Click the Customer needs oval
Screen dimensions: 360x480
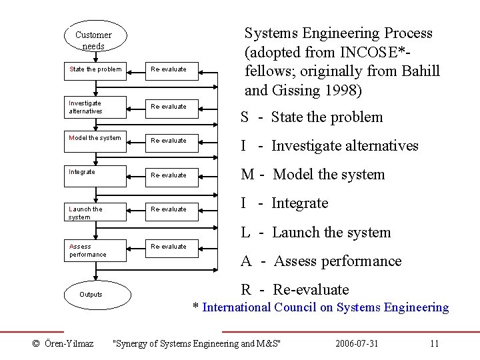click(x=93, y=40)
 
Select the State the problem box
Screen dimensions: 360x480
click(x=95, y=69)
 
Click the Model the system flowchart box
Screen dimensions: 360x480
click(x=95, y=139)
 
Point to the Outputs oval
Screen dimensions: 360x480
click(x=91, y=295)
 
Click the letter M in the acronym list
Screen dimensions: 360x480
click(x=247, y=175)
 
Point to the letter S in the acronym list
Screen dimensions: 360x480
click(x=245, y=117)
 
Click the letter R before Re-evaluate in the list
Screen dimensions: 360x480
click(x=246, y=290)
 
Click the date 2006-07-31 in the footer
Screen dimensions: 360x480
click(x=357, y=344)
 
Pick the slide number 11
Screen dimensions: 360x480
click(x=435, y=344)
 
